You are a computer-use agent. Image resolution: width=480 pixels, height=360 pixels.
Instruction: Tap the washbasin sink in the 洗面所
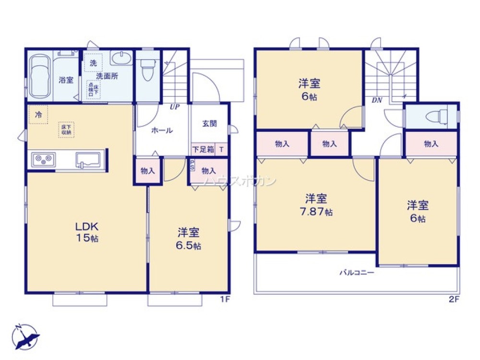coord(120,59)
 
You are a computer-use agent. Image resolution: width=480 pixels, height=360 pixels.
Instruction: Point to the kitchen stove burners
coord(43,160)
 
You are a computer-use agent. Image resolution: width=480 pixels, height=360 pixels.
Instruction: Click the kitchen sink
coord(88,159)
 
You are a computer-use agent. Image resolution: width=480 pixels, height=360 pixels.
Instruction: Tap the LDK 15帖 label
coord(86,232)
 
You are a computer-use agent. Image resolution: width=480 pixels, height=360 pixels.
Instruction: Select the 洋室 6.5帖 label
coord(189,239)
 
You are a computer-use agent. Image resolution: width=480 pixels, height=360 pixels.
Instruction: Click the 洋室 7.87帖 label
coord(315,204)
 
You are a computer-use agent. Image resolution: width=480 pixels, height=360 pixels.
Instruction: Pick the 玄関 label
coord(209,123)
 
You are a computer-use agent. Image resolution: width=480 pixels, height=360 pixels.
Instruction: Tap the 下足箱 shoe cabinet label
coord(204,149)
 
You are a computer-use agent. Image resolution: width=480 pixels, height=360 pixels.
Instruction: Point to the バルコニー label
coord(357,273)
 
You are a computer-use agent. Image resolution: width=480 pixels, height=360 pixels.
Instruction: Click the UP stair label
coord(174,107)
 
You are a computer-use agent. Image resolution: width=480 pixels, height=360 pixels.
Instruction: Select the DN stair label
coord(376,100)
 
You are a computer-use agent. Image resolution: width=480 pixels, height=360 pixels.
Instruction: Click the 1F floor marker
coord(224,300)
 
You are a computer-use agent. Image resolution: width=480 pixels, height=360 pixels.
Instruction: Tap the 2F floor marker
coord(455,300)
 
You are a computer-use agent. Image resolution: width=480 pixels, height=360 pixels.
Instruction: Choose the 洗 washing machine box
coord(94,63)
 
